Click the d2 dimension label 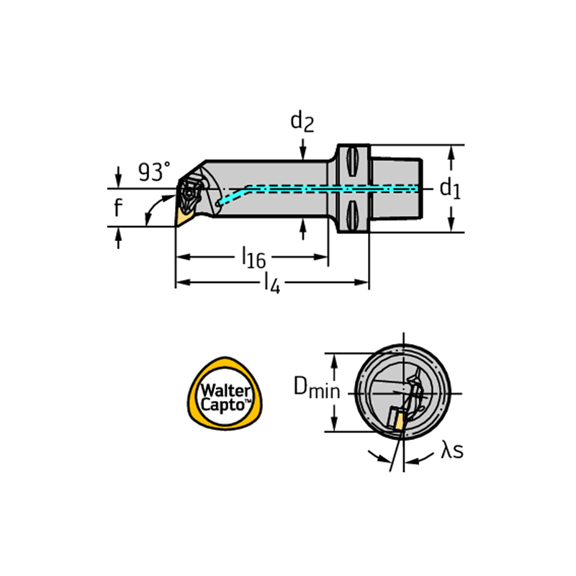tap(302, 122)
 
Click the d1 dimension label tap(450, 189)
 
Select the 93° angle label tap(154, 171)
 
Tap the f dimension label tap(117, 207)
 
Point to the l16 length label tap(253, 258)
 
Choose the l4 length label tap(272, 284)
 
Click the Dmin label tap(317, 388)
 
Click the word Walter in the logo tap(225, 390)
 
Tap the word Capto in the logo tap(224, 405)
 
